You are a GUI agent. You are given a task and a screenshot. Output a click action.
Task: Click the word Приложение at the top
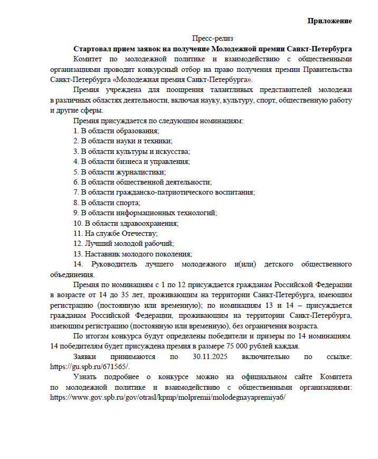click(330, 21)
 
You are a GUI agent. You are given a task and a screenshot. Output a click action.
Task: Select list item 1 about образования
click(116, 131)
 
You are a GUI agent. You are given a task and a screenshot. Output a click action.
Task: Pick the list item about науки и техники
click(123, 141)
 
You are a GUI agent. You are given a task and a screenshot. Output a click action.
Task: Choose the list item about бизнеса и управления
click(132, 161)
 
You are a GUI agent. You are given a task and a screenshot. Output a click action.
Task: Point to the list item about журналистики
click(120, 172)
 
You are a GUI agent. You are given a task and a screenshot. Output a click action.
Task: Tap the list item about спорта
click(107, 203)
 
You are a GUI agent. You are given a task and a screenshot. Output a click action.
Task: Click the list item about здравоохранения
click(126, 223)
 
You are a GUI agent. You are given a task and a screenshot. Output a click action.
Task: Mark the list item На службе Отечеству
click(116, 233)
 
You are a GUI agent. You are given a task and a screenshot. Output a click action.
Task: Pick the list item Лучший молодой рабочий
click(124, 243)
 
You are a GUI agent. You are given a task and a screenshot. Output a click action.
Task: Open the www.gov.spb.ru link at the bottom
click(167, 398)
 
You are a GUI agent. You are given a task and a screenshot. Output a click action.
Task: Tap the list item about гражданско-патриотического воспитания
click(164, 192)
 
